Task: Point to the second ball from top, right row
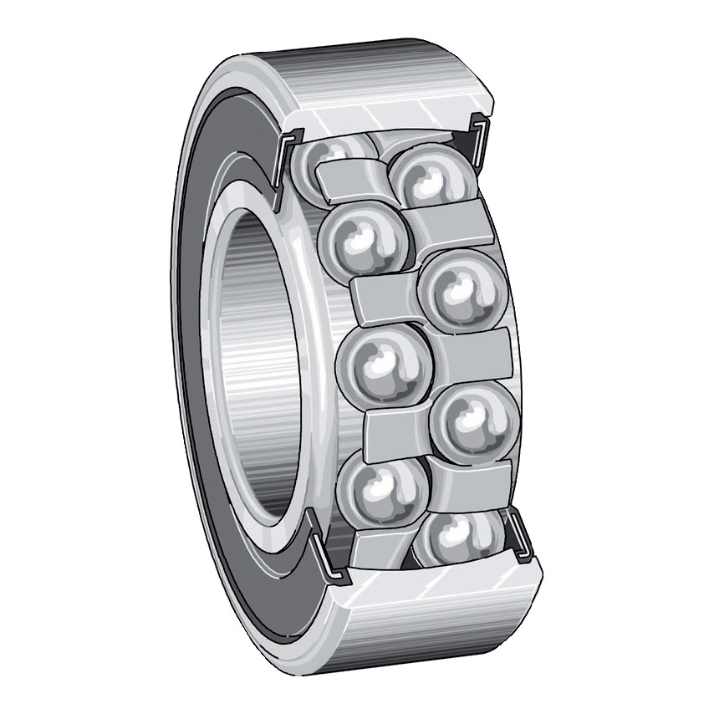461,289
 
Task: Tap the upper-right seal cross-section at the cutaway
480,138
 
